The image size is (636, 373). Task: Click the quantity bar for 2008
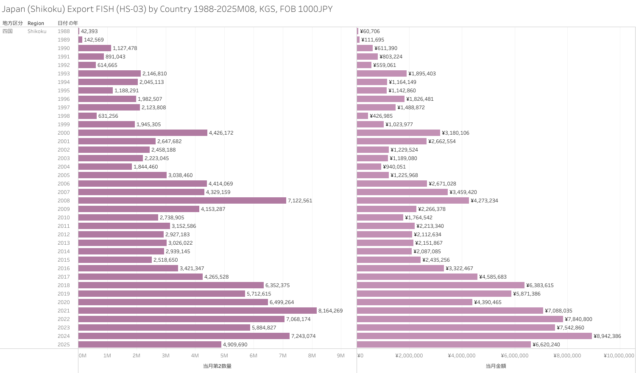tap(182, 201)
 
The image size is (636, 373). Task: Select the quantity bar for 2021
tap(198, 311)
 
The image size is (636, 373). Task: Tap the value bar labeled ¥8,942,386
tap(474, 336)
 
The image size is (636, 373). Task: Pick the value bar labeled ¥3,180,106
tap(399, 133)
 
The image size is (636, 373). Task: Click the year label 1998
tap(64, 116)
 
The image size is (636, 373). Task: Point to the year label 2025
tap(64, 345)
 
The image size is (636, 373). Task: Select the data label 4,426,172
tap(221, 133)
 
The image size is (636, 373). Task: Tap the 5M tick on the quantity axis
tap(224, 356)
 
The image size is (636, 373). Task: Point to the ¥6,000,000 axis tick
tap(515, 356)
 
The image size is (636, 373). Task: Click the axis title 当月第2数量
tap(217, 366)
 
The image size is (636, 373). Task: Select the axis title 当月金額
tap(496, 366)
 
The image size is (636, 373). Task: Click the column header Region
tap(36, 23)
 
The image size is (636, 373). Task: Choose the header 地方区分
tap(13, 23)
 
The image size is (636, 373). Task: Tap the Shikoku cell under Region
tap(37, 31)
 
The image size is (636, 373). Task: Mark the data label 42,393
tap(89, 31)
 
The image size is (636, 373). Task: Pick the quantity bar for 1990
tap(95, 48)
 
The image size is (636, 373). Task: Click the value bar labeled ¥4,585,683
tap(417, 277)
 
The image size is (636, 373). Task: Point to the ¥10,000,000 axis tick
tap(619, 356)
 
